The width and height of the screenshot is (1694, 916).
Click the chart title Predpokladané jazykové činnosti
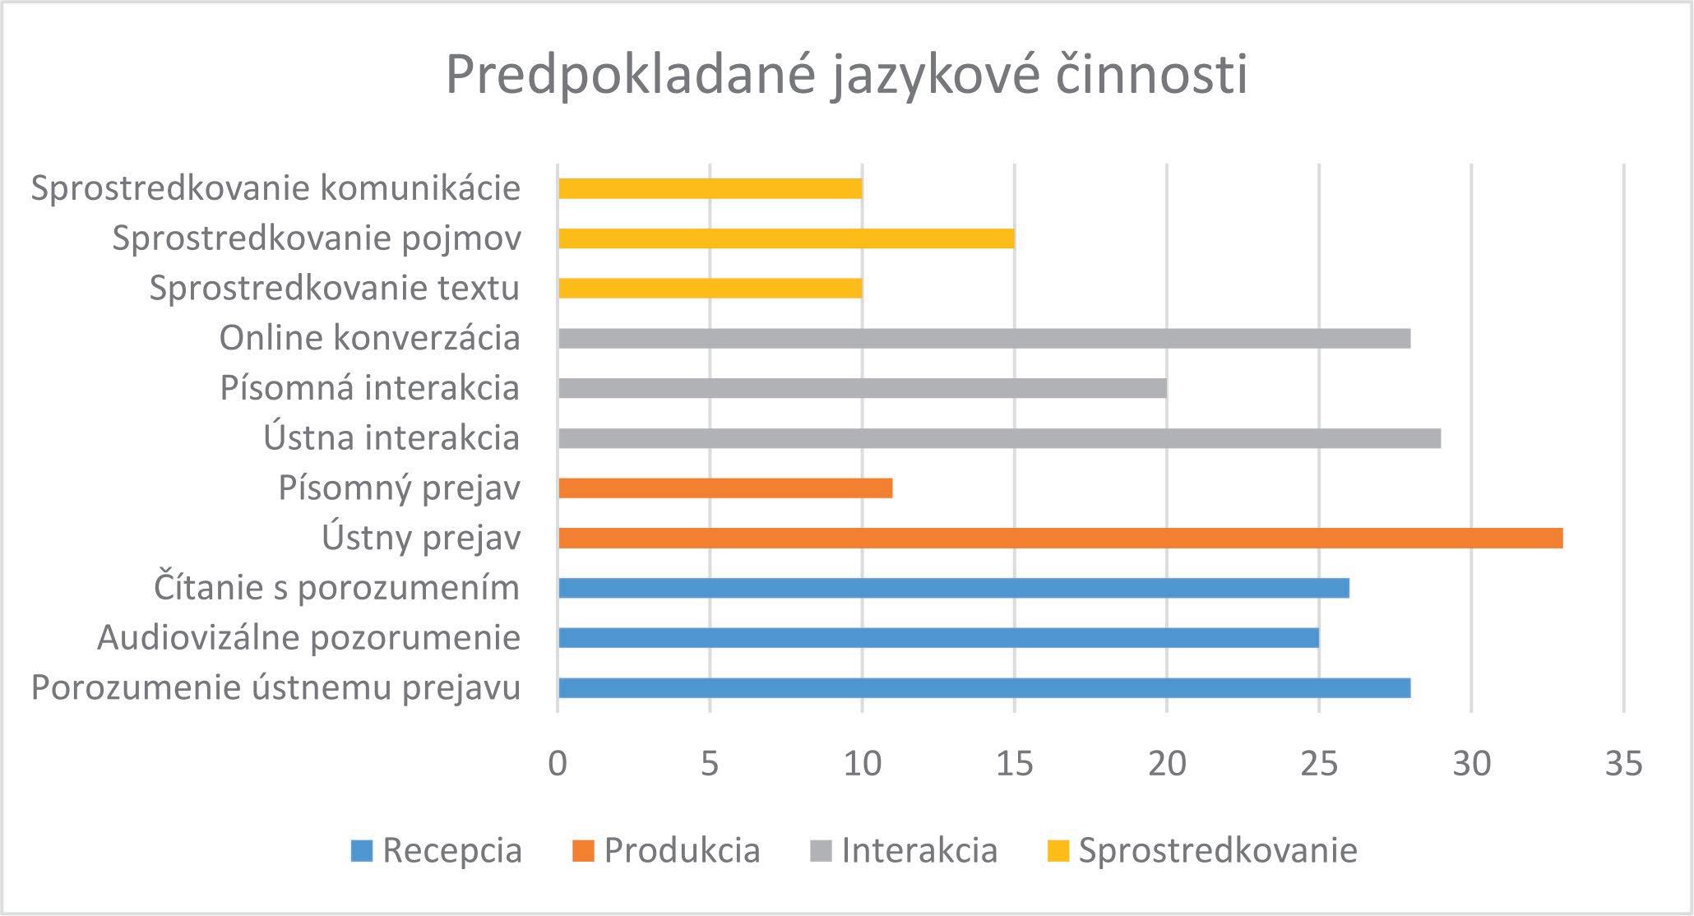(x=847, y=76)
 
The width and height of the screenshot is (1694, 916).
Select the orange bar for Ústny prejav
(x=1061, y=539)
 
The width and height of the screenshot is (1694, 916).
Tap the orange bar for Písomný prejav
(x=725, y=488)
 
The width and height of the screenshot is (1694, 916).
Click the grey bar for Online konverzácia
(x=984, y=338)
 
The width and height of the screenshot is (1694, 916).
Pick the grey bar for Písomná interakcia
(x=863, y=388)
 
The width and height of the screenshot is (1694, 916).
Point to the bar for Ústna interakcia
(x=1000, y=438)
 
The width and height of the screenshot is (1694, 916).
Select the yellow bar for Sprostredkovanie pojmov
(x=786, y=238)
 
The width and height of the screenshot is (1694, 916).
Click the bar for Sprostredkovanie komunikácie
(x=710, y=188)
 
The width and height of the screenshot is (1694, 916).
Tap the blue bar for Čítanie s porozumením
(x=954, y=588)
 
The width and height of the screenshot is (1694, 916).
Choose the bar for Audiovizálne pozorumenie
(x=939, y=638)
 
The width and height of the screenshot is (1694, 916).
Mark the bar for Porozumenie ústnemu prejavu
(x=984, y=688)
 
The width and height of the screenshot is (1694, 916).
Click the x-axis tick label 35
(x=1623, y=765)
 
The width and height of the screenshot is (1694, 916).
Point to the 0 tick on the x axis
(x=558, y=765)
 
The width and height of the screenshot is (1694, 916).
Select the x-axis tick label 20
(x=1167, y=765)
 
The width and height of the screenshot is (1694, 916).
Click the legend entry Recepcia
(x=437, y=850)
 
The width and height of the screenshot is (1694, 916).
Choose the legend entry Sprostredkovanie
(x=1201, y=850)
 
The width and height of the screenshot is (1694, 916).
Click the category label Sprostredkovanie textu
(x=335, y=289)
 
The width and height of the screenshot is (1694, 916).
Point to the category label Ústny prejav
(x=421, y=539)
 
